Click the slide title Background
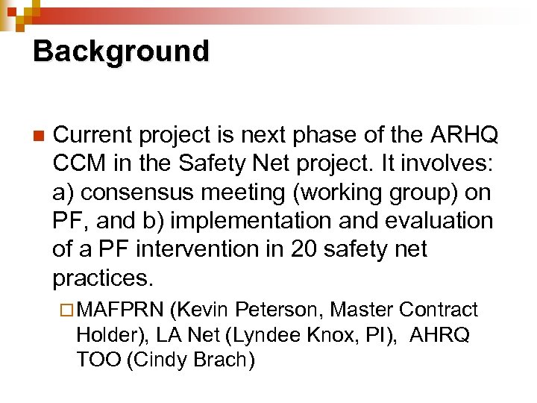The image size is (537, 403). [122, 52]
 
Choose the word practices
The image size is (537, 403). [103, 278]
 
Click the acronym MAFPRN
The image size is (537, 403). [120, 310]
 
